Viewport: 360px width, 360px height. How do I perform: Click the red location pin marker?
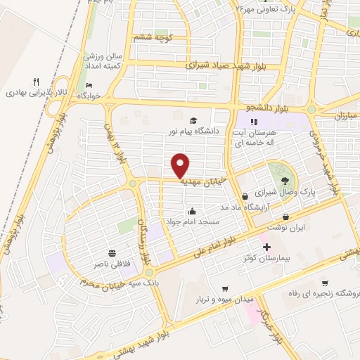pos(181,165)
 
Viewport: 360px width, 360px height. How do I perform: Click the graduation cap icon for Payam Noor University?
pos(193,120)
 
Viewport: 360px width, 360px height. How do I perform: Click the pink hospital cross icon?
pos(266,247)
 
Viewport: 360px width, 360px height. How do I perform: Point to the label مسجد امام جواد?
pos(193,221)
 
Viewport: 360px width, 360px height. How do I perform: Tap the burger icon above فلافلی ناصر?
pos(112,253)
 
